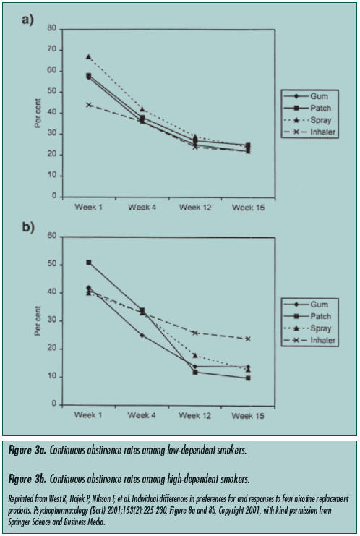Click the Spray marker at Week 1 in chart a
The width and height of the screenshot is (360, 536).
click(x=88, y=56)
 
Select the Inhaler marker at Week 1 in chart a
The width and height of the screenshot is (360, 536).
click(x=88, y=104)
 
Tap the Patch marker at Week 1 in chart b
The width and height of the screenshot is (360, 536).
click(x=88, y=263)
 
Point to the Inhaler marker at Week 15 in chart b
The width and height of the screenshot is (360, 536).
click(x=249, y=339)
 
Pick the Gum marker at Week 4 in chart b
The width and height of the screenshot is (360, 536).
click(x=142, y=335)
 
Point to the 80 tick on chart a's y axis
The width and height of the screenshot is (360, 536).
click(x=51, y=29)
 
